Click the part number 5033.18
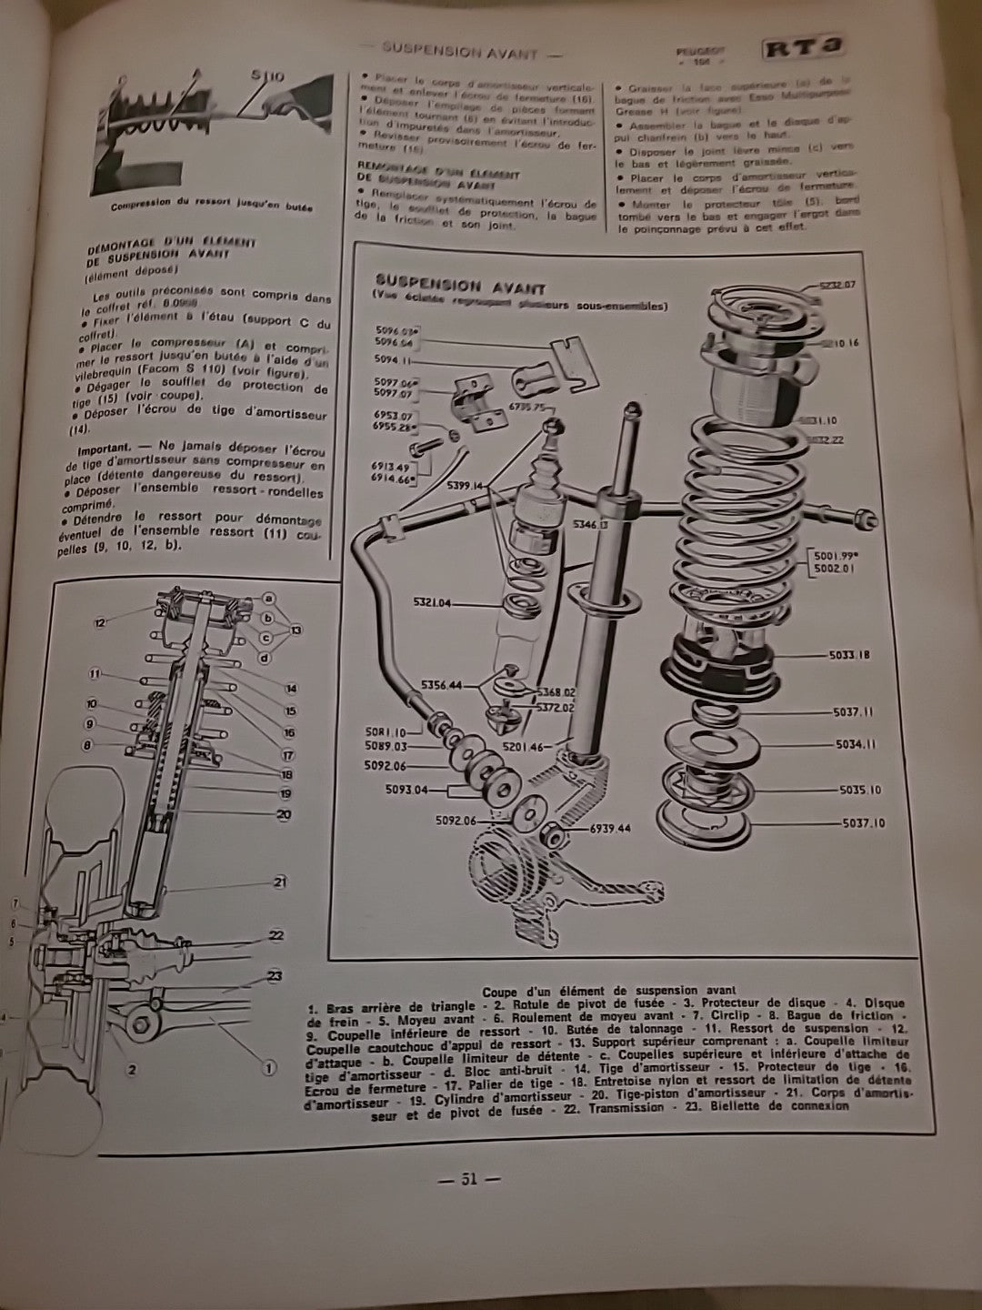point(851,654)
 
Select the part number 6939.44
point(609,829)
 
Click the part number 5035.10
point(857,791)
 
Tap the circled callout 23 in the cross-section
point(274,976)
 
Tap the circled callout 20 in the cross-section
point(284,815)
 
